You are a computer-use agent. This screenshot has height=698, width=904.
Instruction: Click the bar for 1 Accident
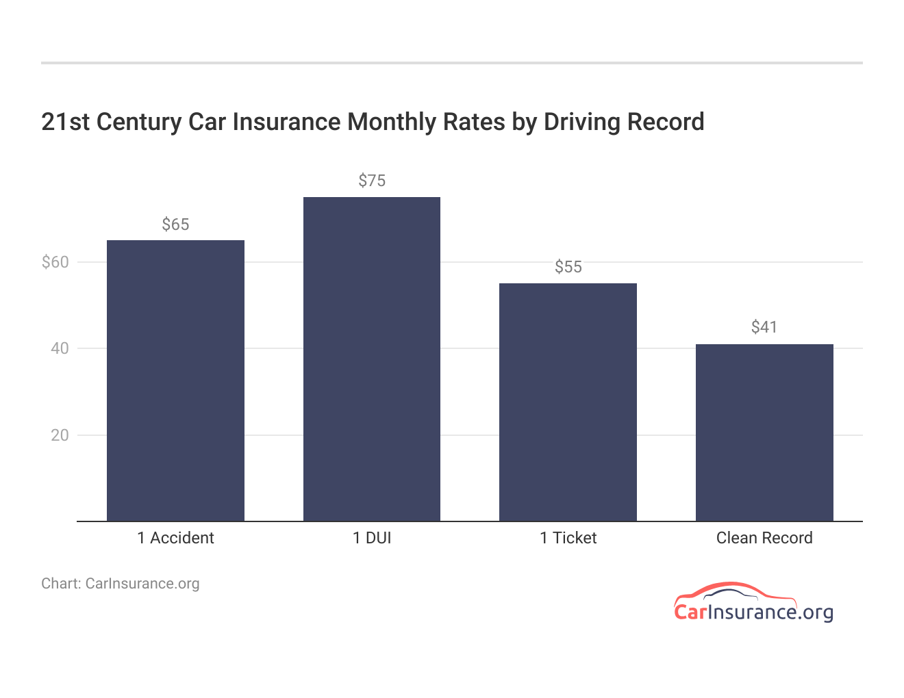click(x=175, y=380)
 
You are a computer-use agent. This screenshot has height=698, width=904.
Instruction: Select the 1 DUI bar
click(x=372, y=359)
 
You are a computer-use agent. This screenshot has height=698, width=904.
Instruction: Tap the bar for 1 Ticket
click(x=568, y=402)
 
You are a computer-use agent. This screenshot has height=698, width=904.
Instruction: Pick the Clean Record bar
click(x=764, y=432)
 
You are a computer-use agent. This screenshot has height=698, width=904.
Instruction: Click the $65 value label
click(x=175, y=224)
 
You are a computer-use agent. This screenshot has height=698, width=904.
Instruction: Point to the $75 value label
click(x=372, y=181)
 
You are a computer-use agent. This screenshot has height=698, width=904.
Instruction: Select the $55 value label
click(x=568, y=267)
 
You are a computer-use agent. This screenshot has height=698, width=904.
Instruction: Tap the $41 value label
click(x=764, y=327)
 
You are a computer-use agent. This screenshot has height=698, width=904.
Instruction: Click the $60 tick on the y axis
click(x=55, y=262)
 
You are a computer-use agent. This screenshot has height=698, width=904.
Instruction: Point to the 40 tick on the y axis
click(x=60, y=348)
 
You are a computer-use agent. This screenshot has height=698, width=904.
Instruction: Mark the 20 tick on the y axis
click(x=60, y=435)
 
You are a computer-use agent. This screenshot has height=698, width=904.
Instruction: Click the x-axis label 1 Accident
click(x=175, y=538)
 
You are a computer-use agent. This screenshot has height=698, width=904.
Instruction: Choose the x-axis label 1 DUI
click(x=372, y=538)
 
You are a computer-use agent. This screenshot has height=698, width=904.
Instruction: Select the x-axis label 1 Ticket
click(x=568, y=538)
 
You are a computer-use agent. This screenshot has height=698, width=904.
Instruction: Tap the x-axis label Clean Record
click(x=764, y=538)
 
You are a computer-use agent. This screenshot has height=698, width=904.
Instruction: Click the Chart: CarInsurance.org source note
click(x=121, y=584)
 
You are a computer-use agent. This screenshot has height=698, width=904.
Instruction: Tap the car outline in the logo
click(x=736, y=592)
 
